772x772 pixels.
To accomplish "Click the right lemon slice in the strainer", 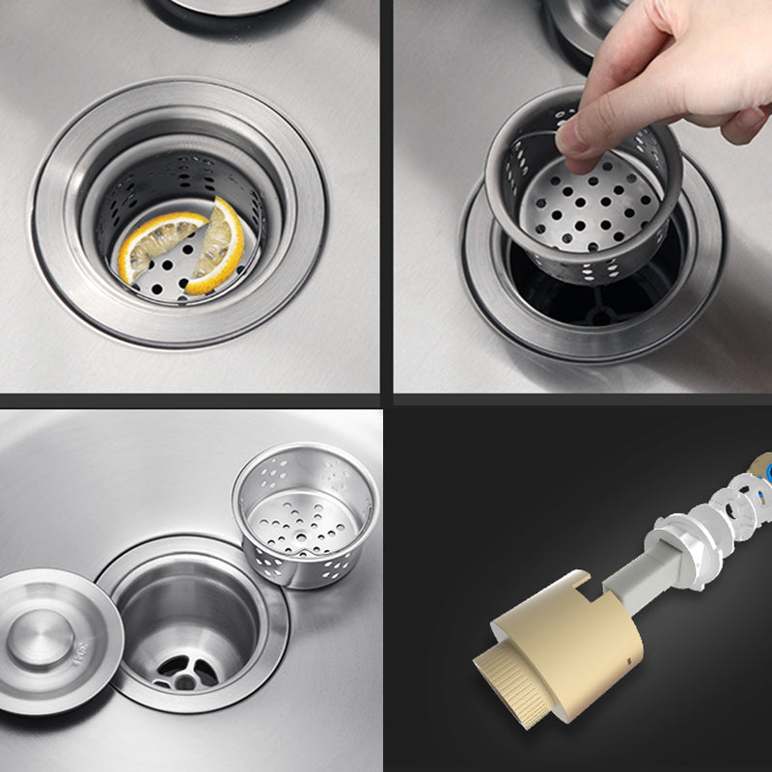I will (221, 249).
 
